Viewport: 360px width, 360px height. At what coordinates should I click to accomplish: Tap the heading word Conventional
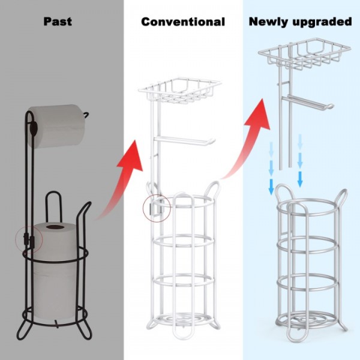[183, 22]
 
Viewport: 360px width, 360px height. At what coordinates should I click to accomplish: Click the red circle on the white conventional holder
[153, 208]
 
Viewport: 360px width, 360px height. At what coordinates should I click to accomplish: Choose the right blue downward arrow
[300, 162]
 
